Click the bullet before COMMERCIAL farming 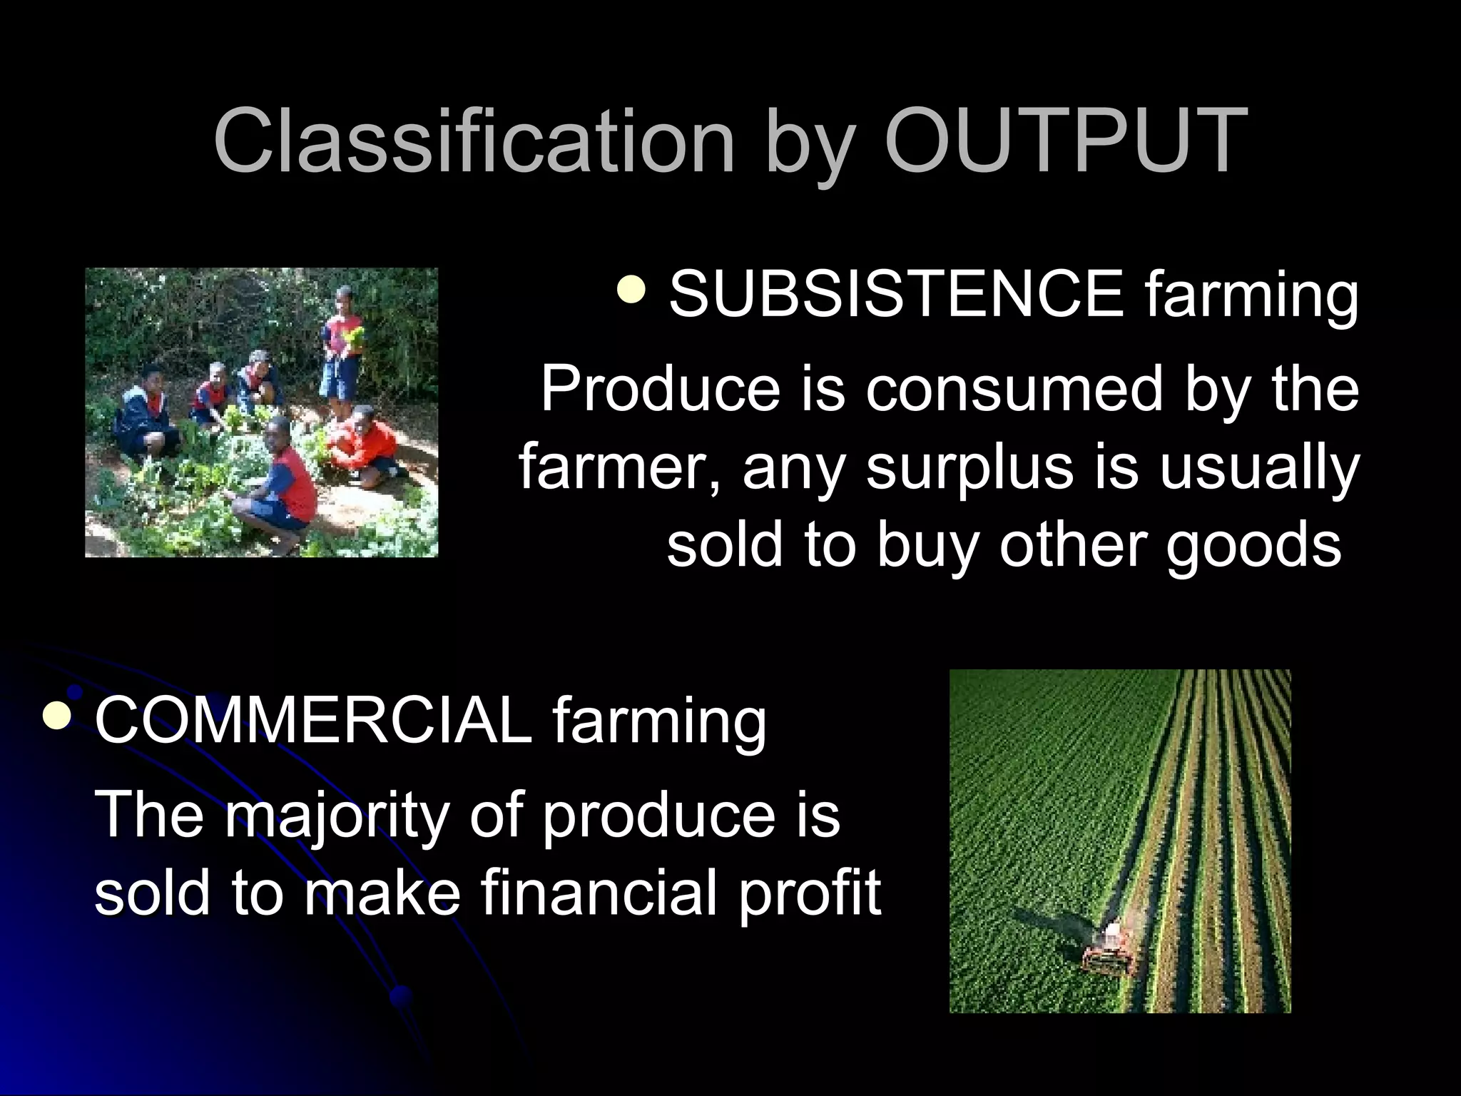pos(57,716)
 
